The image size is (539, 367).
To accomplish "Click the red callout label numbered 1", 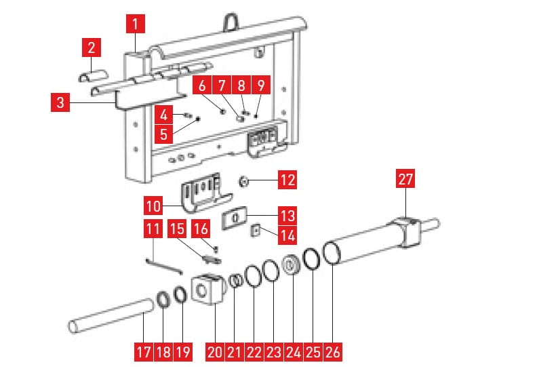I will pyautogui.click(x=136, y=26).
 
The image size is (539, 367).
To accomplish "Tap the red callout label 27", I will pyautogui.click(x=405, y=180).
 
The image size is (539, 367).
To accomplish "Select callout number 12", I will pyautogui.click(x=287, y=181).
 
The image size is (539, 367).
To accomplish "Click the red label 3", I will pyautogui.click(x=61, y=104).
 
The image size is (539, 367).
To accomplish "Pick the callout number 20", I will pyautogui.click(x=215, y=352).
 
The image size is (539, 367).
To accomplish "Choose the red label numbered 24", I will pyautogui.click(x=293, y=352).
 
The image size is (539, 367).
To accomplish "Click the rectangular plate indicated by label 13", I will pyautogui.click(x=234, y=218).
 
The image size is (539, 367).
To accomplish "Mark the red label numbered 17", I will pyautogui.click(x=144, y=352).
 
